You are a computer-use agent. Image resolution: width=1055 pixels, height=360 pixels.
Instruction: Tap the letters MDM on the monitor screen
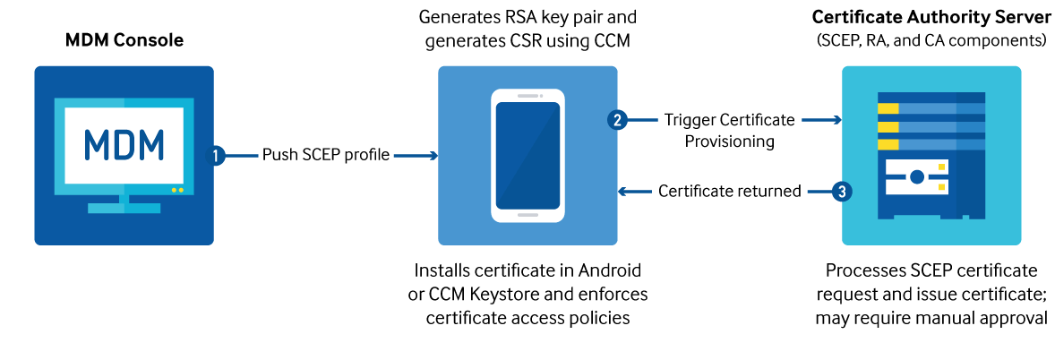click(x=124, y=144)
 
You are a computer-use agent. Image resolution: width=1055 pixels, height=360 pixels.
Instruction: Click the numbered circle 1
click(x=217, y=155)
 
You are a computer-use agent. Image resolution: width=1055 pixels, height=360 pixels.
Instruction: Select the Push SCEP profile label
click(x=326, y=155)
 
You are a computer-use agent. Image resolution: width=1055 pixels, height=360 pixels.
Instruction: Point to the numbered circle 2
click(x=616, y=119)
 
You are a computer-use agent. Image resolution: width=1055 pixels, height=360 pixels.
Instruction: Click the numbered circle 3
click(x=840, y=191)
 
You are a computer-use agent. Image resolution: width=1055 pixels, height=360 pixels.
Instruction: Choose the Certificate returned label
click(x=729, y=191)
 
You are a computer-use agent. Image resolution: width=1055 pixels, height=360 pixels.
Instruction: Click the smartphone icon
click(x=527, y=155)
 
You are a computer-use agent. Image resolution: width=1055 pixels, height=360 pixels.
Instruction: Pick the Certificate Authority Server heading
click(x=931, y=17)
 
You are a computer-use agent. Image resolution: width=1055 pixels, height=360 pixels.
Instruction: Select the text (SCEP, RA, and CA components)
click(x=931, y=40)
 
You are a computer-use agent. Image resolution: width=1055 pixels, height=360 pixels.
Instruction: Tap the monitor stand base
click(x=124, y=208)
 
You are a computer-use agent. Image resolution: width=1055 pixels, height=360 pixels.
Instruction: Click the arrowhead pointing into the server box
click(x=837, y=119)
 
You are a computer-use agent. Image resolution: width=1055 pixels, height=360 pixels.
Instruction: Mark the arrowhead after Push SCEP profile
click(x=433, y=156)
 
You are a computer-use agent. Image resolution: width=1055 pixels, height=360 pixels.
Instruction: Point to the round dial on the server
click(x=916, y=177)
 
